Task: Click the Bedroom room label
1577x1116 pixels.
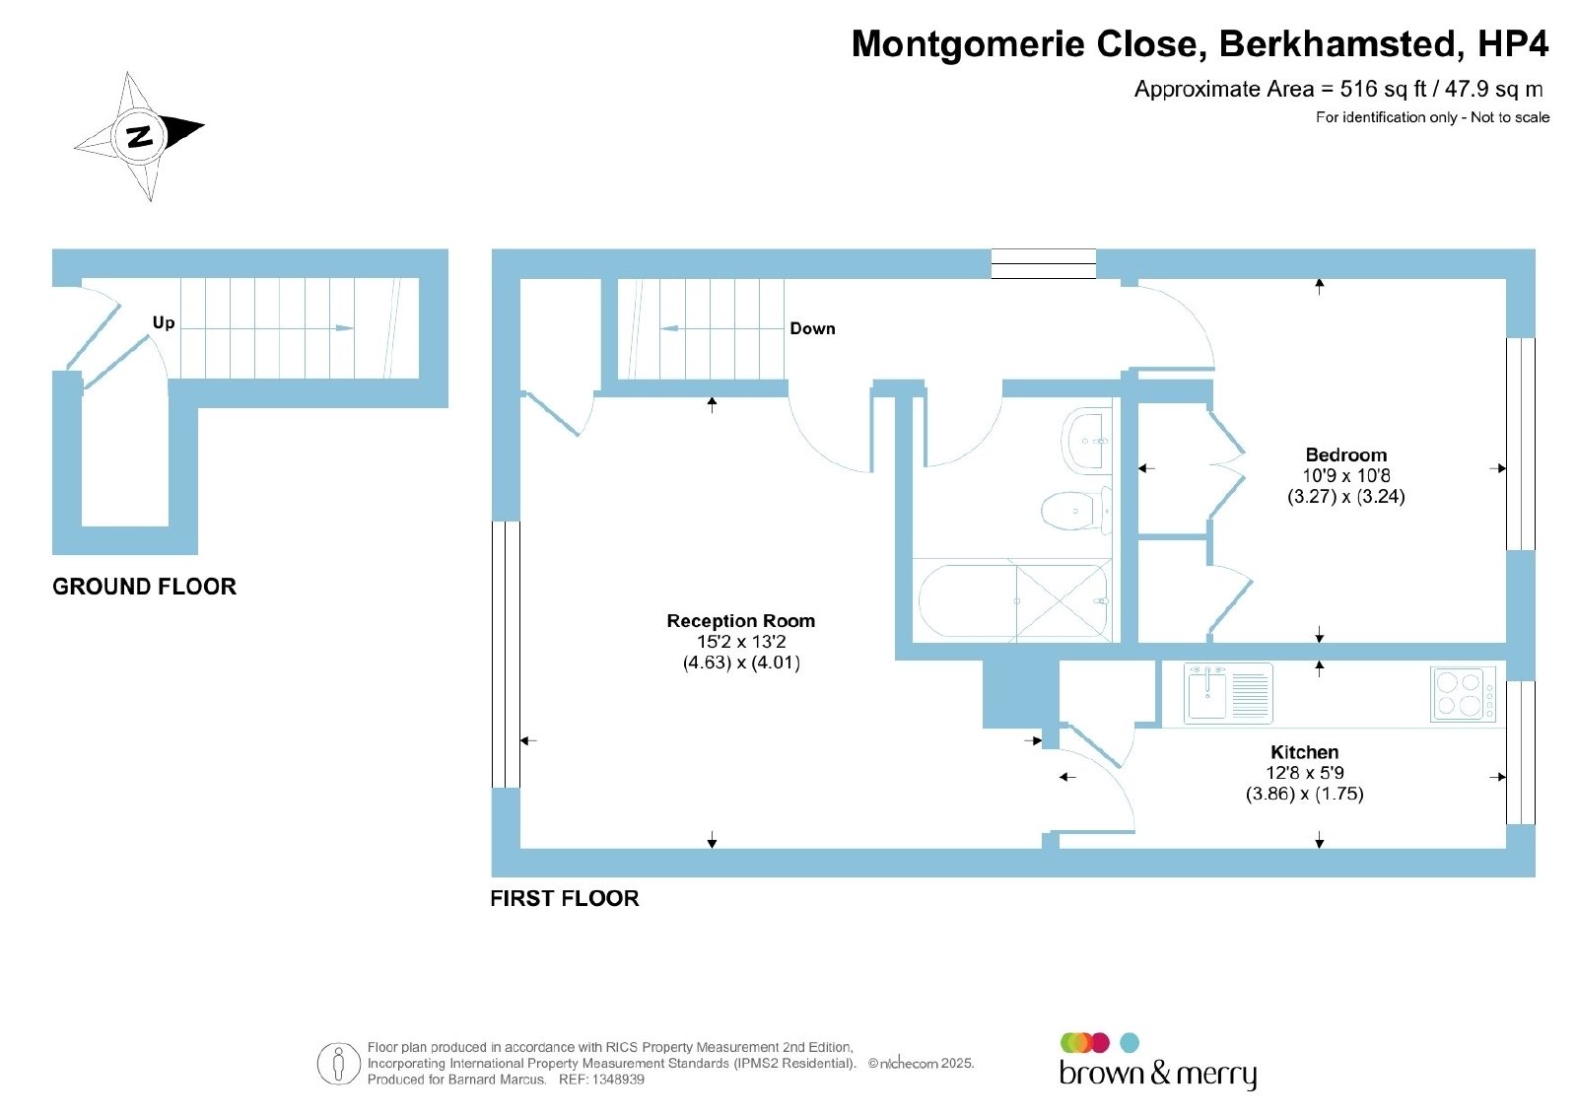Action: pos(1346,454)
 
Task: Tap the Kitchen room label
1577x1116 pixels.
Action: pos(1305,752)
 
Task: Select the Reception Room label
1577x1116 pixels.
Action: pos(740,621)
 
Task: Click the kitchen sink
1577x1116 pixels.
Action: pos(1228,693)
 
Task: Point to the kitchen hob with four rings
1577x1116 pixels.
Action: pos(1463,693)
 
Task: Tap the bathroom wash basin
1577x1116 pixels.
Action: pos(1085,440)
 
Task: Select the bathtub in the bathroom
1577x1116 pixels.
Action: pos(1014,601)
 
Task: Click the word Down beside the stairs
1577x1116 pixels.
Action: pos(812,329)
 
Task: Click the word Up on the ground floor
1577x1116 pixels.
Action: pos(164,322)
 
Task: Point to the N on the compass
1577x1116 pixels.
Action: pos(139,136)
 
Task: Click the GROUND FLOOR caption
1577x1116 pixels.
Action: pos(144,587)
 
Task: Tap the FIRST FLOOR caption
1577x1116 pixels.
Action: pos(565,898)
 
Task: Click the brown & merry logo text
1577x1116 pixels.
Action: pos(1158,1074)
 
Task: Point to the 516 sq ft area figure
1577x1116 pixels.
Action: pos(1384,90)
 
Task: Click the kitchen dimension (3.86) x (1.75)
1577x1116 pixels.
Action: pos(1305,795)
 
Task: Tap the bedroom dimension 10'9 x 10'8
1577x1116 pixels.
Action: pos(1346,476)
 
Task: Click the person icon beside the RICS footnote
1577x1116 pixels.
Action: pos(339,1063)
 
